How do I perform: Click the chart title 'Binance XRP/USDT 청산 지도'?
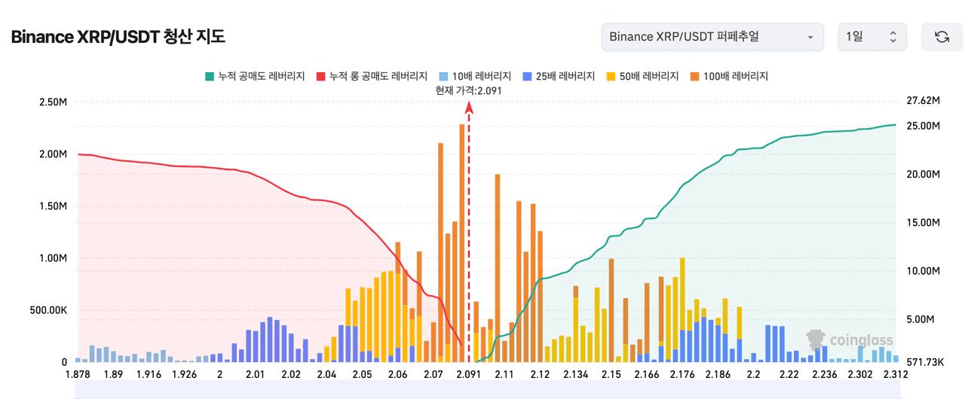(118, 37)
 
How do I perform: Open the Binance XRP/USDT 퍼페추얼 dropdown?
(712, 37)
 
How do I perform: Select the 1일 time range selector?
(872, 37)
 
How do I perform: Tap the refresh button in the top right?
(942, 37)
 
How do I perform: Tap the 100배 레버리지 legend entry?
(729, 76)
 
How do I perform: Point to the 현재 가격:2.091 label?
(468, 90)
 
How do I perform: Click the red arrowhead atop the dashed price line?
(469, 108)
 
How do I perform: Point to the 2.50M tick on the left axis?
(53, 102)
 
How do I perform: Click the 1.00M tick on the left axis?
(53, 258)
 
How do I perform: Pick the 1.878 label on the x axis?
(78, 375)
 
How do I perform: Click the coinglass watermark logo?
(849, 340)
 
